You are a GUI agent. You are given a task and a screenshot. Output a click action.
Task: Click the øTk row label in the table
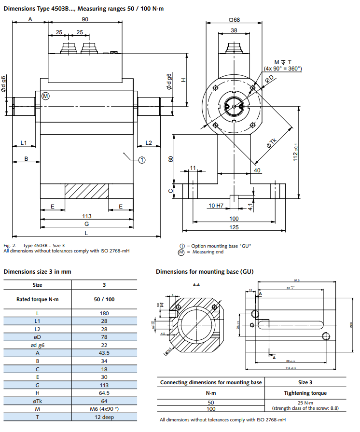38,401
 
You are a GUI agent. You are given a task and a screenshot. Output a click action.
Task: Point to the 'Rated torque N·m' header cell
38,299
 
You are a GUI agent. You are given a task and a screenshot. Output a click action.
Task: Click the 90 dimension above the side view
85,19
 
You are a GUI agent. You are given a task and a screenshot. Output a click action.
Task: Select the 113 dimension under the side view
87,216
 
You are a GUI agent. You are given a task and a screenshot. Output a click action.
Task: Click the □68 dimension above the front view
234,20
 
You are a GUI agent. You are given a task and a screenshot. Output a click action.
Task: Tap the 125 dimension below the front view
234,226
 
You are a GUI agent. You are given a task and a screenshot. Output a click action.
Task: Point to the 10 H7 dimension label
216,206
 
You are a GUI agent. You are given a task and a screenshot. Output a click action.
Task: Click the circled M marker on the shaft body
45,96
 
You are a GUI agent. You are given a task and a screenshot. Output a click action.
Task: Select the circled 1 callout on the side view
142,159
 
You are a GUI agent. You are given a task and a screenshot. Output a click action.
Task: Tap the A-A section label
196,285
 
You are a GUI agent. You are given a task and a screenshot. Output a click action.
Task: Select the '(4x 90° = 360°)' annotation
283,69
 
